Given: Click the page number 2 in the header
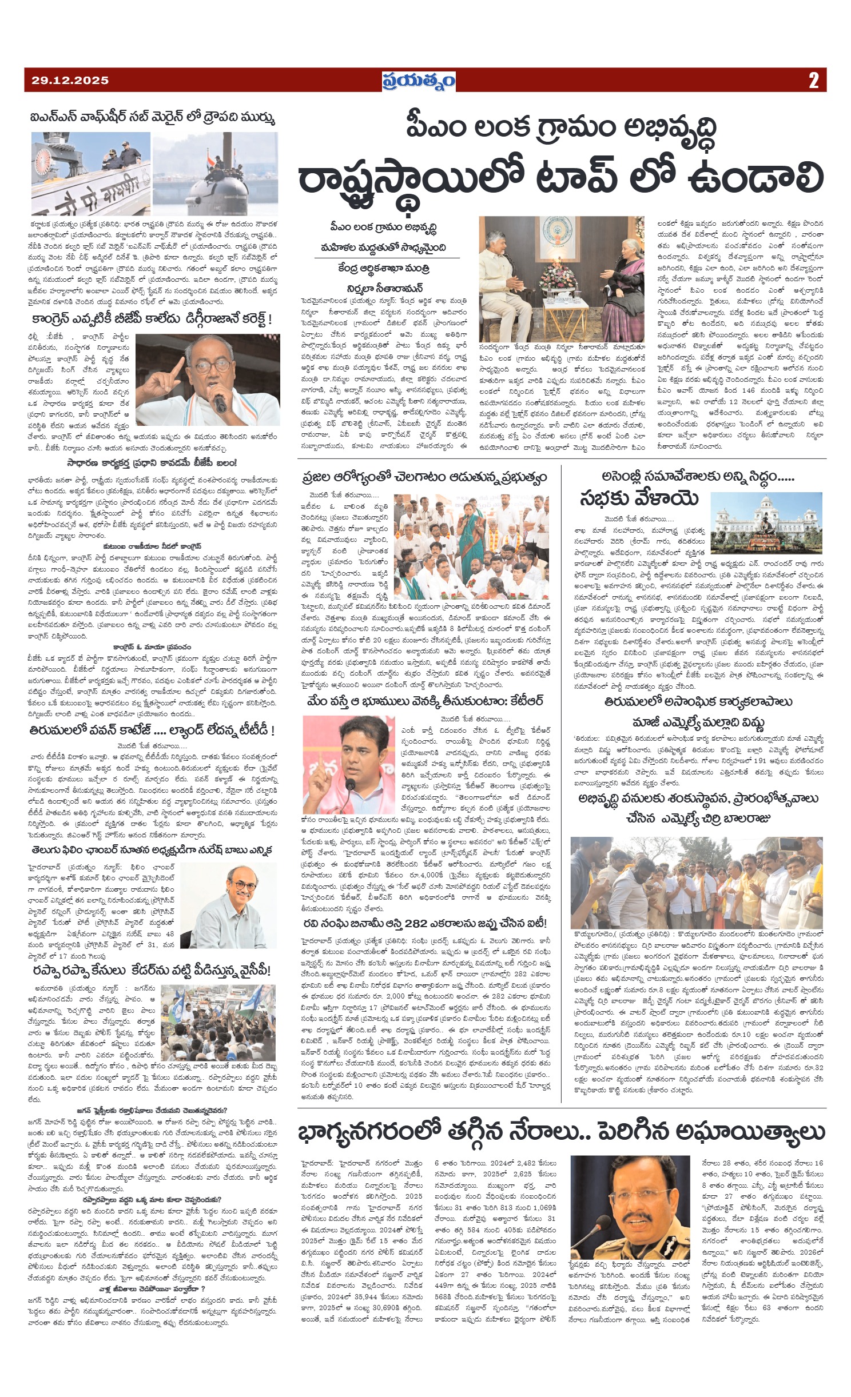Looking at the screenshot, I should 813,81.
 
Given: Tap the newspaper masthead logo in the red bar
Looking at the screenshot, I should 419,81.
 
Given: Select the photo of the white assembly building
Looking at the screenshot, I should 766,524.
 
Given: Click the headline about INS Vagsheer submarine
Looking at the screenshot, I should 153,118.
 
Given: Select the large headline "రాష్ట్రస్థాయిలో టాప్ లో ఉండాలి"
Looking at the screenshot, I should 560,178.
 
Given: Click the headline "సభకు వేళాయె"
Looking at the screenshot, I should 638,499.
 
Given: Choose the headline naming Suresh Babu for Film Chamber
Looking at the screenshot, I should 152,849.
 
